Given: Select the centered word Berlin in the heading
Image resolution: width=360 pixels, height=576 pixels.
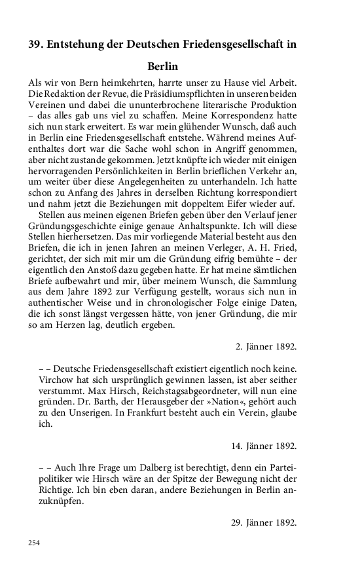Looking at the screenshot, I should (164, 66).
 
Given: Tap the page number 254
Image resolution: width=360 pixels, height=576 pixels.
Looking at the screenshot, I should (35, 543).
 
